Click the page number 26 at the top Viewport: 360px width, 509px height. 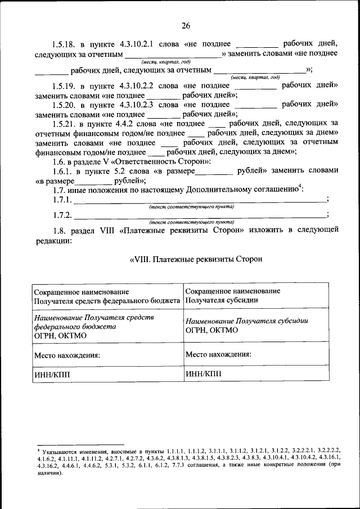[186, 25]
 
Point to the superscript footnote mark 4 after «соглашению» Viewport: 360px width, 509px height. [300, 187]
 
